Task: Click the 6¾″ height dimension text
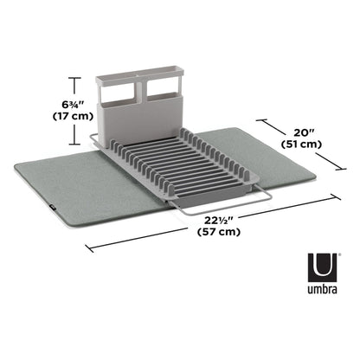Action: coord(73,104)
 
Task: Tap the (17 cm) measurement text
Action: coord(73,116)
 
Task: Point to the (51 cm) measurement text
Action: coord(301,144)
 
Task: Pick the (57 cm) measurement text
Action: coord(219,232)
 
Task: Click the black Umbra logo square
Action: coord(322,267)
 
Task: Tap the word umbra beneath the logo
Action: coord(322,289)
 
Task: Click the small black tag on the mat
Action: coord(52,206)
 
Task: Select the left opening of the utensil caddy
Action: coord(118,93)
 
